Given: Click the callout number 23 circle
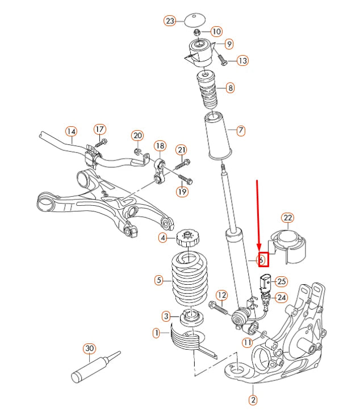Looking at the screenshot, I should coord(170,21).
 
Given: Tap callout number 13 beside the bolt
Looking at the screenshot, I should coord(242,60).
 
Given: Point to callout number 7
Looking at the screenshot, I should coord(241,131).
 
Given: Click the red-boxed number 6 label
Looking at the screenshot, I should coord(263,260).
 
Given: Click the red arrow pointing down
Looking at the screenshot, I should coord(258,216).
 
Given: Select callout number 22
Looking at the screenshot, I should coord(288,218).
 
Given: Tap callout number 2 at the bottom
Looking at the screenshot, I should coord(253,400).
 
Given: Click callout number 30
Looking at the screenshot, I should coord(89,348).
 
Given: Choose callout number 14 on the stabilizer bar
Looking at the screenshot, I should coord(70,131).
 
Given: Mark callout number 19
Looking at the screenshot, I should coord(181,192).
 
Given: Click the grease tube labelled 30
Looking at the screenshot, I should coord(94,367).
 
